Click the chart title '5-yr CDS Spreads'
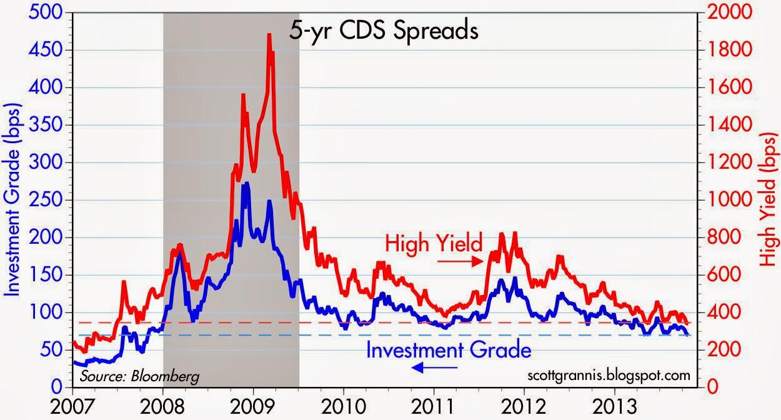click(x=383, y=31)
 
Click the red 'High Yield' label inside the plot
click(x=434, y=242)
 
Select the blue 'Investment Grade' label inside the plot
click(x=448, y=349)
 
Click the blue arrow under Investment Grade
click(x=435, y=368)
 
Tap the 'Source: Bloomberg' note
click(x=139, y=376)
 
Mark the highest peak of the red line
click(x=269, y=35)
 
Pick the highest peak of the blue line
click(x=246, y=183)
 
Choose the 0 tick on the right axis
click(x=710, y=387)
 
